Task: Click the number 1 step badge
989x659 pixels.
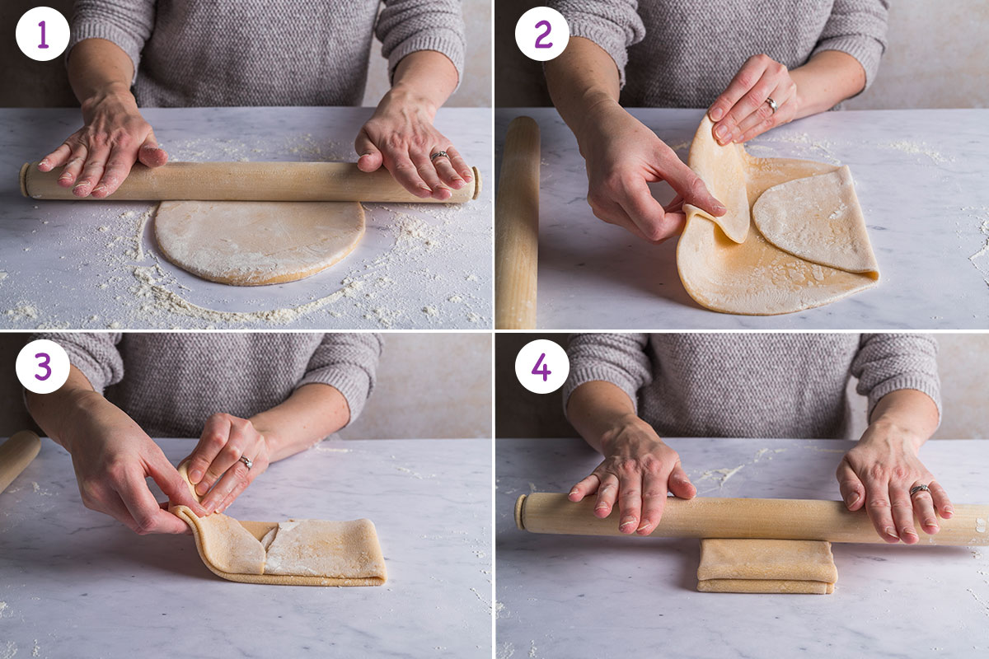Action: [x=42, y=34]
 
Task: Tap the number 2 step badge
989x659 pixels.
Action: [x=541, y=34]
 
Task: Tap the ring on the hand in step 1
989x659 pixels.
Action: [x=439, y=155]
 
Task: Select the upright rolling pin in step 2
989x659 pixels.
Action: [x=518, y=222]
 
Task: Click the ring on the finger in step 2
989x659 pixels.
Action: [x=771, y=105]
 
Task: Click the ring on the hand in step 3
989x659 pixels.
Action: [x=245, y=462]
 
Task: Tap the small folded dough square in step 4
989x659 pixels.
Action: [x=766, y=567]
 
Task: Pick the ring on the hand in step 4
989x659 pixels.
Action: [x=920, y=490]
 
